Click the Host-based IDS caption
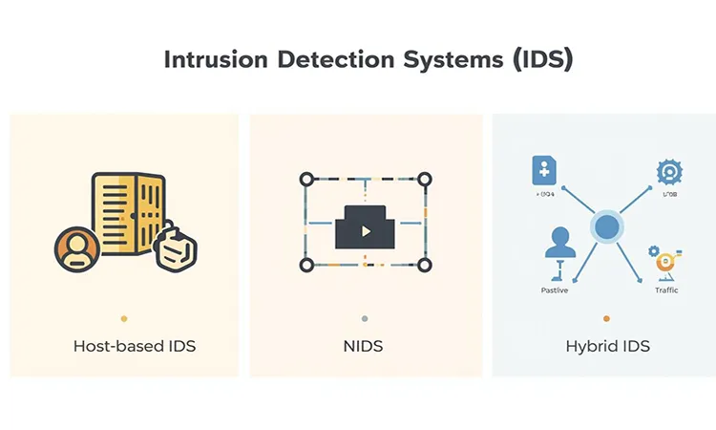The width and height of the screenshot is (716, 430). pos(135,345)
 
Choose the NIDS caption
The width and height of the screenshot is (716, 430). pos(364,345)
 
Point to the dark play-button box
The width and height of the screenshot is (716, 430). pos(365,227)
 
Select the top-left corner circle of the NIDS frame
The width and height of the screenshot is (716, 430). pos(306,179)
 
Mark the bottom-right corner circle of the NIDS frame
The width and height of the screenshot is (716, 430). pos(425,265)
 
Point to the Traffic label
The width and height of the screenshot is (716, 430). pos(666,290)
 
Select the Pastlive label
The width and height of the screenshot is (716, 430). pos(555,290)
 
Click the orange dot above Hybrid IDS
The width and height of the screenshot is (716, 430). pos(606,318)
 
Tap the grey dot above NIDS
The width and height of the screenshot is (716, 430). pos(365,318)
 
